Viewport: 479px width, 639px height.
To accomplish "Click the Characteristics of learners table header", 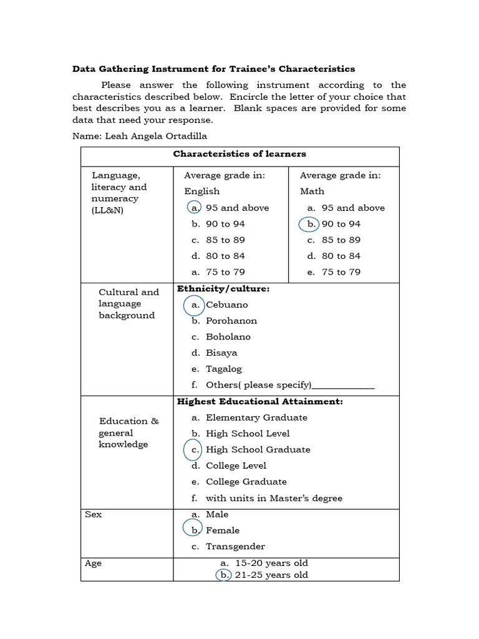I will tap(239, 154).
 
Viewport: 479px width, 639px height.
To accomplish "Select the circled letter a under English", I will tap(195, 208).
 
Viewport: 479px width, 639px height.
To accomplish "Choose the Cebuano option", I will tap(226, 305).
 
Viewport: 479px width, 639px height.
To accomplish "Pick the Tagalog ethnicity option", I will tap(223, 369).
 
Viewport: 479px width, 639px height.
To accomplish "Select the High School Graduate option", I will tap(258, 450).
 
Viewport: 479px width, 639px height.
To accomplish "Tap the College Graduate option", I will tap(246, 482).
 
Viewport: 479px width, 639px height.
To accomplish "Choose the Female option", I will tap(223, 530).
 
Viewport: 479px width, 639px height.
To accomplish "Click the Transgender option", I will tap(235, 547).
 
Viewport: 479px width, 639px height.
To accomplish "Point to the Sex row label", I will tap(94, 514).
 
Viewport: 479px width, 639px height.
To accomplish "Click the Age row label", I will tap(94, 563).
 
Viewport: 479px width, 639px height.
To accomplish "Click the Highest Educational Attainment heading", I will tap(260, 401).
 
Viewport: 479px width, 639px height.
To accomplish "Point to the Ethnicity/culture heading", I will tap(223, 289).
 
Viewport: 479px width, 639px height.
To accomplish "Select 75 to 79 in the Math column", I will tap(341, 272).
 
